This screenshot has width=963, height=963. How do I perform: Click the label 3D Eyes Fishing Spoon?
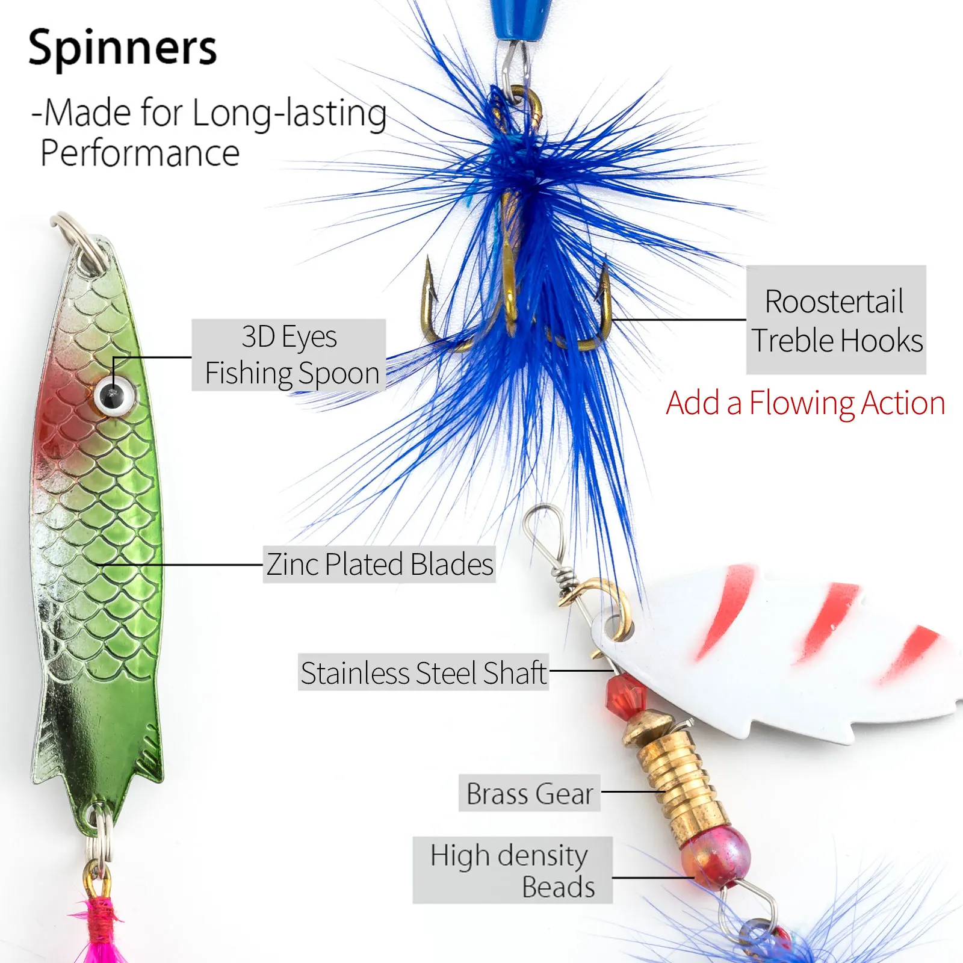(x=289, y=355)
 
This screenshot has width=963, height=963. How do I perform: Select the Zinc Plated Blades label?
(x=379, y=565)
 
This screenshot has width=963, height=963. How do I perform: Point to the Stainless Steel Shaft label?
(x=423, y=672)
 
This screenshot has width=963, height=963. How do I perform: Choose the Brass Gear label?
(x=530, y=793)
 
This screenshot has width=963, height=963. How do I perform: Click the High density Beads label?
(x=512, y=870)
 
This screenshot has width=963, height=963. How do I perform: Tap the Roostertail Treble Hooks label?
(x=836, y=320)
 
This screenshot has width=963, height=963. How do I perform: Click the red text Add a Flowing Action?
(x=805, y=403)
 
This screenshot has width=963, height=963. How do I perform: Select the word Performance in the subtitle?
(x=140, y=153)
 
